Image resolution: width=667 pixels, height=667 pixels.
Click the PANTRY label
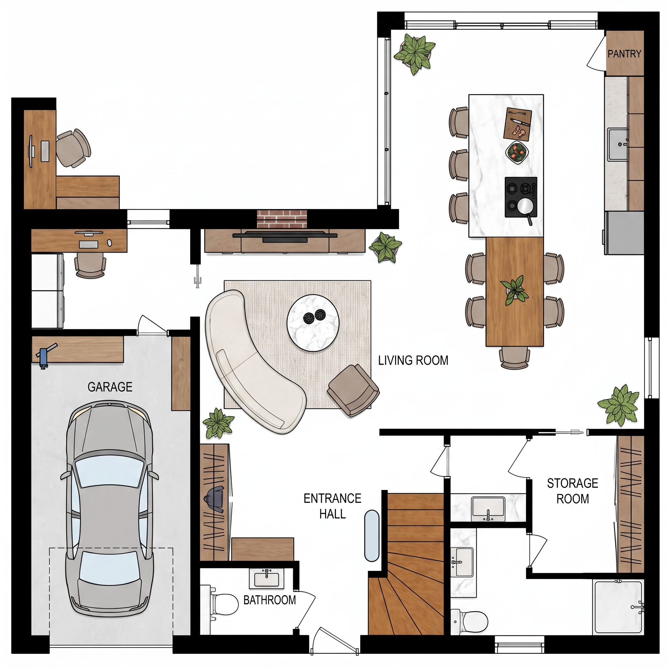(x=624, y=54)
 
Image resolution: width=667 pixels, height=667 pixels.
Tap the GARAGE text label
(x=110, y=387)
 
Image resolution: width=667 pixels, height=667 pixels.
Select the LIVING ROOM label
(x=413, y=361)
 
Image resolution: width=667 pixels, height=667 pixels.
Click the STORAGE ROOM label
(x=573, y=491)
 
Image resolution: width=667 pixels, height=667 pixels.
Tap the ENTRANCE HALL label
(x=333, y=506)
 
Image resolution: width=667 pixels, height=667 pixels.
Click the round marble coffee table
(x=313, y=323)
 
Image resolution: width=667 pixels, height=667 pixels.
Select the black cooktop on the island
(x=521, y=197)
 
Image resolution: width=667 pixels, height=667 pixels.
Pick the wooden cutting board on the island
(x=518, y=124)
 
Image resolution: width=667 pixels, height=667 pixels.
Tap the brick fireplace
(x=282, y=220)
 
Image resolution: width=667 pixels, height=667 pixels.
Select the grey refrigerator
(x=624, y=233)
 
